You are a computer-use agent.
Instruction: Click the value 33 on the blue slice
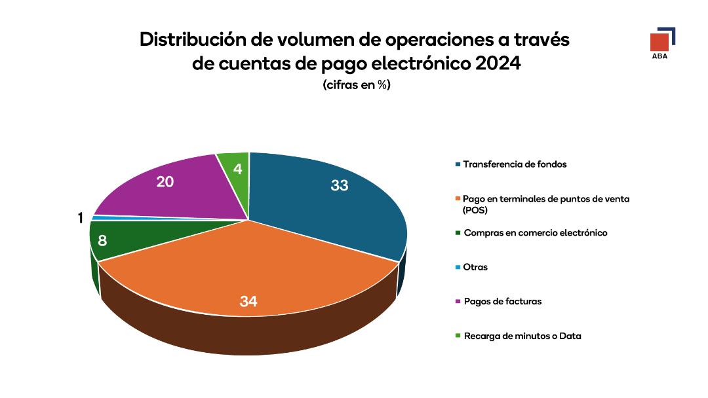tap(339, 186)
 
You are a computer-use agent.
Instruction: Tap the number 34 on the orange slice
tap(248, 302)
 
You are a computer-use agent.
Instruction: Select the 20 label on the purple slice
tap(165, 182)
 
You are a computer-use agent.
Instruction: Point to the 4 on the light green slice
tap(237, 169)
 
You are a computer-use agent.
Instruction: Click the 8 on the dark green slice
tap(102, 241)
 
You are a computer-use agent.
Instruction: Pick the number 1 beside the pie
tap(81, 219)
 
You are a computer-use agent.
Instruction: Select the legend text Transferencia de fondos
tap(515, 164)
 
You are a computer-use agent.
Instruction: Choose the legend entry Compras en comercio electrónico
tap(535, 233)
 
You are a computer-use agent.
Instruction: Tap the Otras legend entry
tap(475, 267)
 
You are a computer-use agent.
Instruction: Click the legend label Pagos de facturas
tap(502, 302)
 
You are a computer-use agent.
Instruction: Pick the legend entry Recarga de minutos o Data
tap(522, 336)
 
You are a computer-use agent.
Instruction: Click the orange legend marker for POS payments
tap(458, 199)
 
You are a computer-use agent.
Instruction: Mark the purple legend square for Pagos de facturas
tap(458, 302)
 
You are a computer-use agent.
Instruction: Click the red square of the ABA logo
tap(659, 42)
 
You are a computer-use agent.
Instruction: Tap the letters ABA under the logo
tap(659, 56)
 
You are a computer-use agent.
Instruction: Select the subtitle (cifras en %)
tap(356, 85)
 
